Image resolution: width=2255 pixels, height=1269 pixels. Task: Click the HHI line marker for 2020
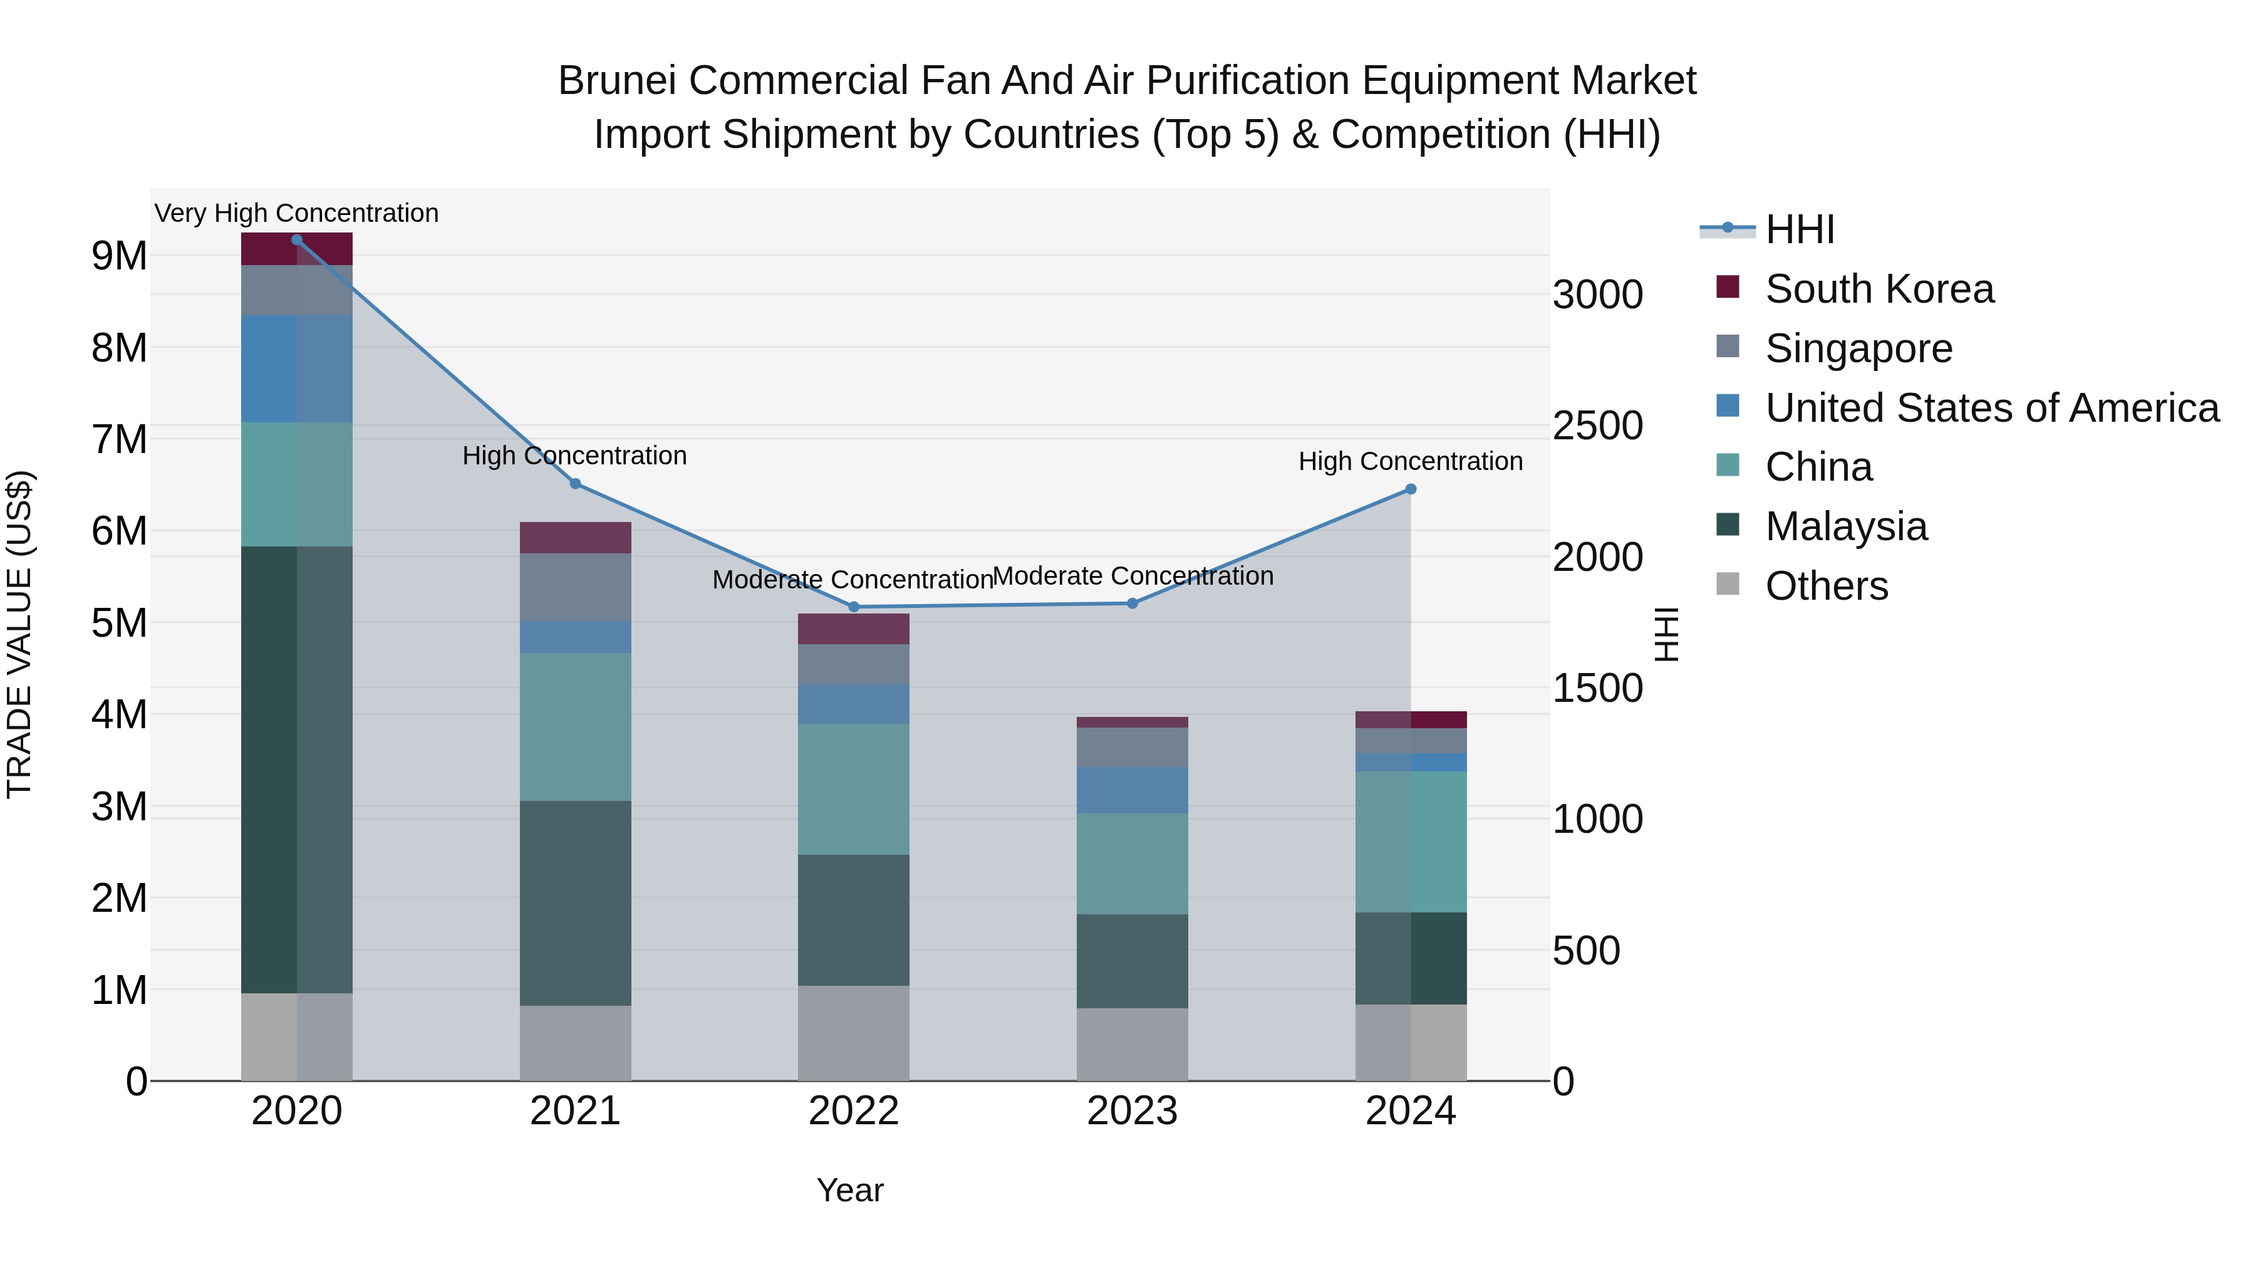click(x=297, y=240)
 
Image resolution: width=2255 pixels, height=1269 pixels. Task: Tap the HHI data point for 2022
click(x=854, y=607)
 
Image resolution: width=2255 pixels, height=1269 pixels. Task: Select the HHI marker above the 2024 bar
click(x=1410, y=489)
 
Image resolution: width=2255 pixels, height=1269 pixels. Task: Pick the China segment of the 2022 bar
click(x=854, y=788)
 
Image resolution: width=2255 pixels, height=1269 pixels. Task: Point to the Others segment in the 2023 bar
click(x=1132, y=1044)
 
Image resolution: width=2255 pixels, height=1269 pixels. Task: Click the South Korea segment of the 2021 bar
click(x=575, y=538)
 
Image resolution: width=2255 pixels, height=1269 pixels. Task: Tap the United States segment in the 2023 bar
click(x=1132, y=790)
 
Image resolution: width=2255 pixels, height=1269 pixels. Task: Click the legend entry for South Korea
click(x=1879, y=289)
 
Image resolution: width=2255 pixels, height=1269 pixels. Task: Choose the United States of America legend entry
click(x=1991, y=408)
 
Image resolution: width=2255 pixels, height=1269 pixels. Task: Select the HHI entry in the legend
click(x=1799, y=229)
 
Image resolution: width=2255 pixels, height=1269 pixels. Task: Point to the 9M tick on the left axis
click(x=119, y=256)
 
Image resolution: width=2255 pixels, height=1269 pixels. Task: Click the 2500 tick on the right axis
click(x=1597, y=426)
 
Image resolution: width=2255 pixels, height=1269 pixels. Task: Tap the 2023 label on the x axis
click(x=1132, y=1111)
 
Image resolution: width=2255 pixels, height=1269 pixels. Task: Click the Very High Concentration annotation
click(x=297, y=214)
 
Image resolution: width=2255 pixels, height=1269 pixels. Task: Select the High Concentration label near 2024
click(x=1410, y=461)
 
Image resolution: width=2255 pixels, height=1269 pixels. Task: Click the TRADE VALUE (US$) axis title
click(x=19, y=634)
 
